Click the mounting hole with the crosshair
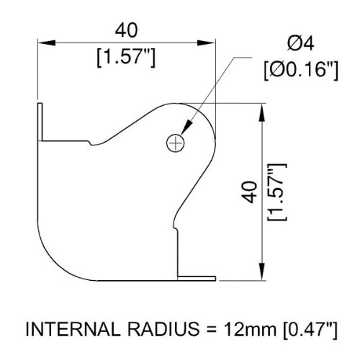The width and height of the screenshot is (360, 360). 176,143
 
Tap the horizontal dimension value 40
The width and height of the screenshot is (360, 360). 126,30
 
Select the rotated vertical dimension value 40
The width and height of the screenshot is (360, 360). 249,192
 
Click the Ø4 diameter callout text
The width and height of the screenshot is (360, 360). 300,44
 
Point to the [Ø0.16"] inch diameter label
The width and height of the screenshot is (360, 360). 301,70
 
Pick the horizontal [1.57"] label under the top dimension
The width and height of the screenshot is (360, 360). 126,57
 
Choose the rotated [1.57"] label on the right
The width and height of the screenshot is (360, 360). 277,192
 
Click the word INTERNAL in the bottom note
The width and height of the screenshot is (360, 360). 72,329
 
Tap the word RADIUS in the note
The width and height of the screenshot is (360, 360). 163,329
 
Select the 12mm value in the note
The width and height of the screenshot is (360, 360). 250,329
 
